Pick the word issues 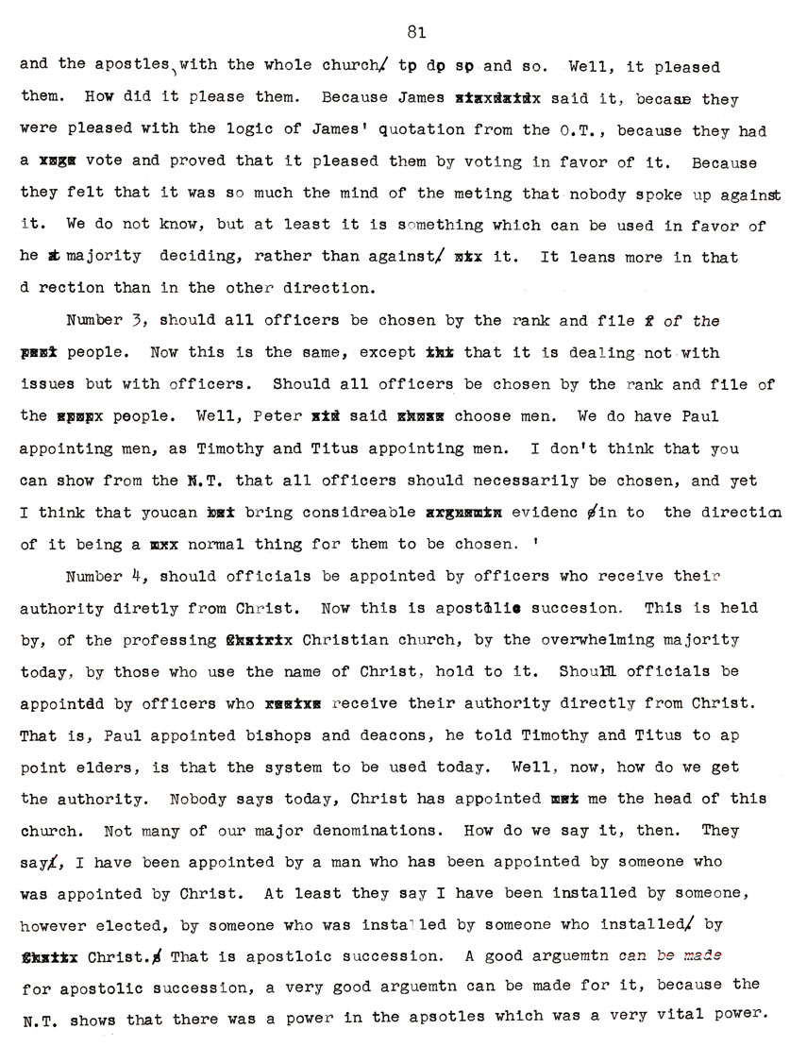(45, 385)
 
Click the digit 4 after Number (140, 577)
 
